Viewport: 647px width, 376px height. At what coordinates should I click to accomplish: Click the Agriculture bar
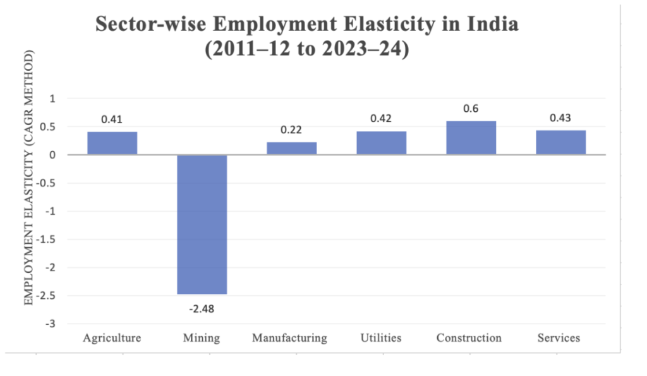tap(112, 143)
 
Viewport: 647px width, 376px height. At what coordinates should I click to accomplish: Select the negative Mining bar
tap(202, 224)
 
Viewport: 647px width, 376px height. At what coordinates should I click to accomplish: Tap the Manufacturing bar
tap(291, 149)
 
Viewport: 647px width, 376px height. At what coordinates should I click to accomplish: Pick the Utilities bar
tap(381, 143)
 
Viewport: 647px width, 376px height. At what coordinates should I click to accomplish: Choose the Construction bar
tap(471, 138)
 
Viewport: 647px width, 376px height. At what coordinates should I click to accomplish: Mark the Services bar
tap(560, 142)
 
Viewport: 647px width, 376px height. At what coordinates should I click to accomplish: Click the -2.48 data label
tap(202, 309)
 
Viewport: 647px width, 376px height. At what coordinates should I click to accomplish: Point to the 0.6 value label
tap(471, 109)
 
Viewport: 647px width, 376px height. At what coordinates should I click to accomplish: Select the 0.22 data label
tap(291, 130)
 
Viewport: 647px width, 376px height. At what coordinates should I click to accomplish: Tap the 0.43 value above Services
tap(560, 118)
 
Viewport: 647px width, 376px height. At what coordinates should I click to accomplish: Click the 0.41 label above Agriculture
tap(112, 119)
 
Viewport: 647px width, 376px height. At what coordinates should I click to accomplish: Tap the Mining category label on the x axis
tap(202, 338)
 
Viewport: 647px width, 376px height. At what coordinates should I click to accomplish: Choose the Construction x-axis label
tap(469, 338)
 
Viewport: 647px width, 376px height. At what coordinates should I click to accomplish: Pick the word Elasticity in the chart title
tap(358, 25)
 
